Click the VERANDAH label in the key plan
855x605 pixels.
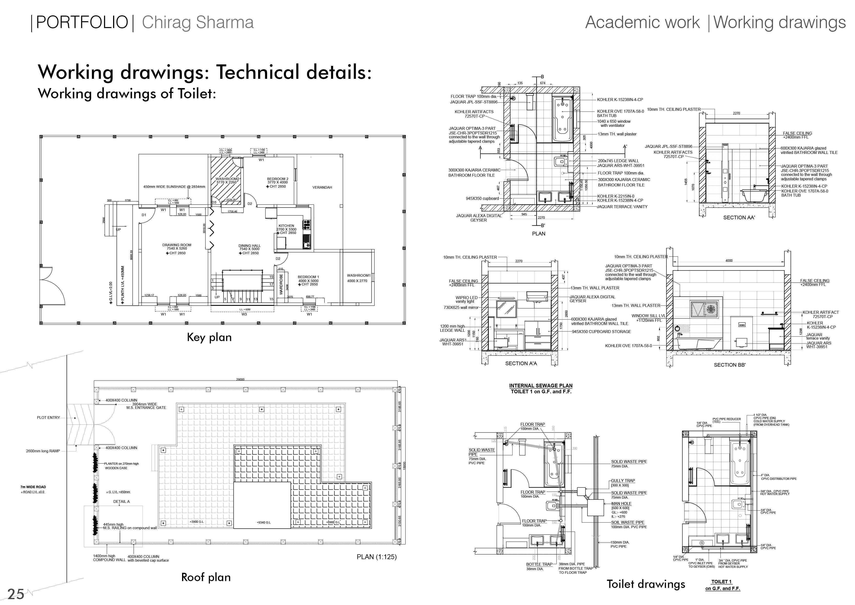(x=322, y=187)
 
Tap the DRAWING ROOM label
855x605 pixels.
(x=177, y=245)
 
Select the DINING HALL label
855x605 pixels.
(x=250, y=246)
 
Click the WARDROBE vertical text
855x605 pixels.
(x=281, y=284)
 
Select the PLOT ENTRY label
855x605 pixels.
(x=49, y=417)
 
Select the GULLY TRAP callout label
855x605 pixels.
(x=623, y=481)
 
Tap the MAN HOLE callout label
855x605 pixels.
(x=621, y=504)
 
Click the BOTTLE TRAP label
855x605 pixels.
(x=539, y=564)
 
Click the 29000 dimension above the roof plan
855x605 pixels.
(x=240, y=380)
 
